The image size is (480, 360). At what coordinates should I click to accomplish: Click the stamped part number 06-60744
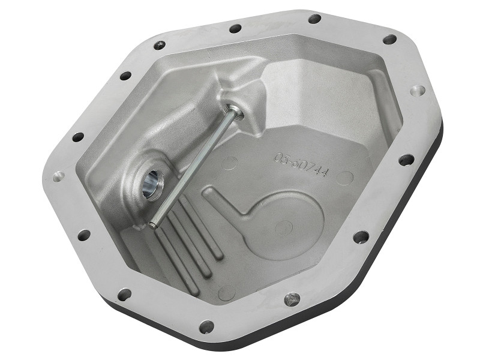(x=300, y=165)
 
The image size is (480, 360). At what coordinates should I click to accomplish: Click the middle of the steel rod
(x=192, y=167)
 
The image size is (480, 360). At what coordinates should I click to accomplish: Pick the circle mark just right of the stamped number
(x=344, y=177)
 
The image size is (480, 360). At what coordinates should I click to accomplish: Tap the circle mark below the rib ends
(x=226, y=292)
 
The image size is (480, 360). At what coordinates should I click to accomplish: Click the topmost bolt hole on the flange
(x=314, y=19)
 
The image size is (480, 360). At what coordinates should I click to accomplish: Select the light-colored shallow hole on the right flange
(x=417, y=91)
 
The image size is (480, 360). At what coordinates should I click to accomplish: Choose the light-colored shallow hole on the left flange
(x=58, y=176)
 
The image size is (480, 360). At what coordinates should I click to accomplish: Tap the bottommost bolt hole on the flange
(x=206, y=327)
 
